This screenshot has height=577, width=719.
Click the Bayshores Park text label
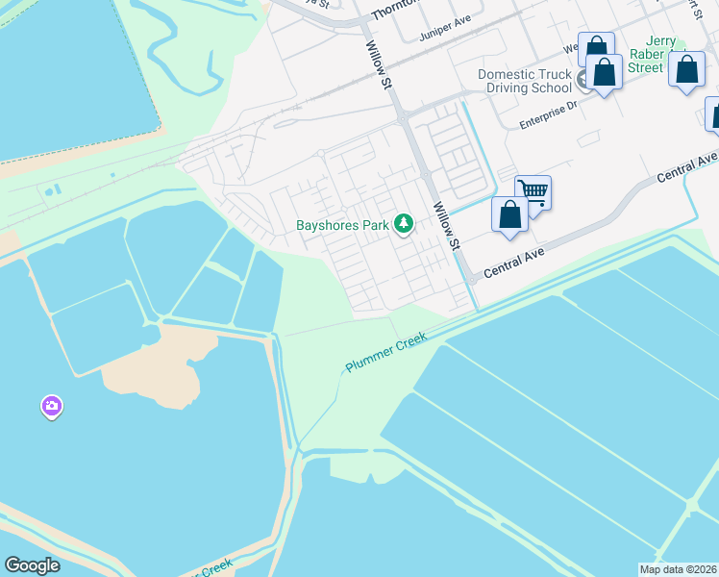point(342,226)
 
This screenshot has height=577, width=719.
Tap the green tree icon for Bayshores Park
point(405,225)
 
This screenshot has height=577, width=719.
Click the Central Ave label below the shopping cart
point(514,262)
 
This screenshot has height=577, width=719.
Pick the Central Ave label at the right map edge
point(688,165)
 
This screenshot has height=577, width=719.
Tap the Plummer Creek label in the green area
point(385,353)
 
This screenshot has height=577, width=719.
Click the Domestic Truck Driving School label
point(526,81)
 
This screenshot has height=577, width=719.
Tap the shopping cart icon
point(533,193)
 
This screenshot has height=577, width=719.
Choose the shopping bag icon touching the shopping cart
point(509,214)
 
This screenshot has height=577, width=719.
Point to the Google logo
point(32,565)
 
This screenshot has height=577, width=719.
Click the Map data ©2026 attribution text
point(677,569)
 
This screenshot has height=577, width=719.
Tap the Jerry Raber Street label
point(655,55)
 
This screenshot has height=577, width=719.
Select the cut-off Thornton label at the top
point(397,7)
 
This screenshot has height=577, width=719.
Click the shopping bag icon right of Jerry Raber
point(686,70)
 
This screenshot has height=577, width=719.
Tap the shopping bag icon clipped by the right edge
point(714,113)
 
